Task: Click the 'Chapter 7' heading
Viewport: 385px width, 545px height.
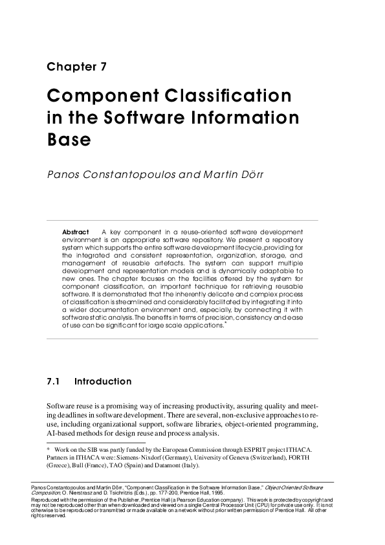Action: coord(77,67)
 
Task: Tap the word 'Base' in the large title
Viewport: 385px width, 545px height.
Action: coord(69,140)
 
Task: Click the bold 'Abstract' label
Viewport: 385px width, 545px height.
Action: coord(76,232)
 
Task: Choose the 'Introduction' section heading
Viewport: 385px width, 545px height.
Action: coord(103,382)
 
